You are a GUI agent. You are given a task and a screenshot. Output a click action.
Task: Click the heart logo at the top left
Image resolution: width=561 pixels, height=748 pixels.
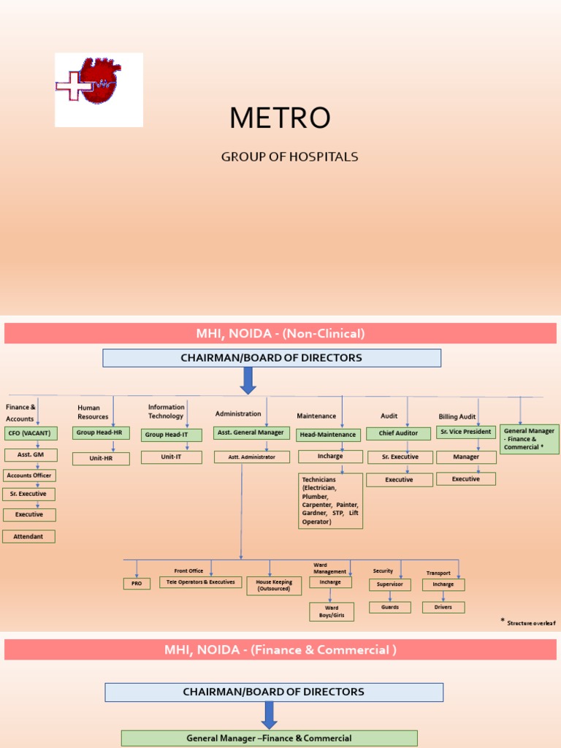99,90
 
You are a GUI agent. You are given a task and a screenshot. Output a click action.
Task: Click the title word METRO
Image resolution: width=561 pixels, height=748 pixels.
280,118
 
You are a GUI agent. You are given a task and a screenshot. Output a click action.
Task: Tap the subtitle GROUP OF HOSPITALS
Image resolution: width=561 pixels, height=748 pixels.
290,157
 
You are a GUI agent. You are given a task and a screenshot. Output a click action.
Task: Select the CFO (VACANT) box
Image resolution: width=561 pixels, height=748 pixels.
29,433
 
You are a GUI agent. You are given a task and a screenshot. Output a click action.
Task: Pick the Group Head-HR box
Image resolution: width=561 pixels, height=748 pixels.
102,433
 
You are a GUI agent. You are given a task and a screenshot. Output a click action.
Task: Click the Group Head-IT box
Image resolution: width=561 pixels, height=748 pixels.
171,435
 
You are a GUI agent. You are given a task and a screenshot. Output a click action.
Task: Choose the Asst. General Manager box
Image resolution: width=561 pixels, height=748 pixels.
251,432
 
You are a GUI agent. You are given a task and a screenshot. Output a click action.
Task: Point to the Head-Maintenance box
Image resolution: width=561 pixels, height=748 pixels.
328,435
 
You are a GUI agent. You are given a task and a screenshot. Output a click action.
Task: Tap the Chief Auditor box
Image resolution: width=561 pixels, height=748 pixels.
398,433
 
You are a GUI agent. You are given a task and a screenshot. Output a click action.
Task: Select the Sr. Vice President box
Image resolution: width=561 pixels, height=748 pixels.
466,432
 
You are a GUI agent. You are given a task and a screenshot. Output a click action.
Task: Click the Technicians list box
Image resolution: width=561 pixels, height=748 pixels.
330,500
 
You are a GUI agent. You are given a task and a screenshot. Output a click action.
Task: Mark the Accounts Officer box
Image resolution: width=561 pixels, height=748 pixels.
29,476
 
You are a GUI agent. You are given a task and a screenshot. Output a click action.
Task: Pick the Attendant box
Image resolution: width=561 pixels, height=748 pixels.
29,536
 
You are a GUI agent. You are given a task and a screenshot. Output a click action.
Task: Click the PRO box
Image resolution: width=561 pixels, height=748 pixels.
137,584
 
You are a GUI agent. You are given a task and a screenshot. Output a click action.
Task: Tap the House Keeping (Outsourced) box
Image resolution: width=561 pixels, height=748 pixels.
274,585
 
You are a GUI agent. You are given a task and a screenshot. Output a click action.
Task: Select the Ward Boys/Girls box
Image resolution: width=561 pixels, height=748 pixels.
332,611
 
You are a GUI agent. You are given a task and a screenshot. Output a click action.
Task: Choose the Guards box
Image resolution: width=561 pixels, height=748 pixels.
389,607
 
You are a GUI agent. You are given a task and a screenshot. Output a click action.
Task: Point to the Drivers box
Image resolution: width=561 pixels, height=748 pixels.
443,607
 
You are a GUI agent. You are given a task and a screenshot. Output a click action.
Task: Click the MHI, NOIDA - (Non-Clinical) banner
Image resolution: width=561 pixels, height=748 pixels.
280,334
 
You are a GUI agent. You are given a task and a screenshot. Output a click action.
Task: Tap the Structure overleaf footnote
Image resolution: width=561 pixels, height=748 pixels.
529,623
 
